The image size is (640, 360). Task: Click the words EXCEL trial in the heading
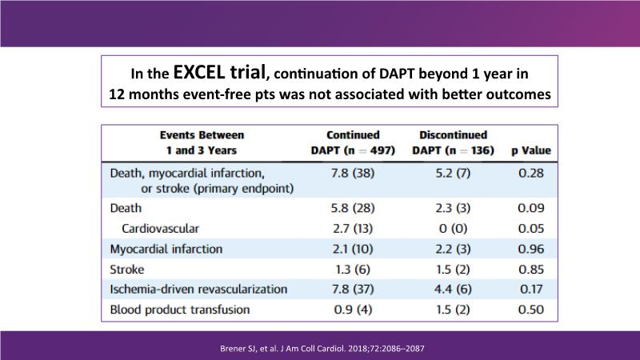(220, 72)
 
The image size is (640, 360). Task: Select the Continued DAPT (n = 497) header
(353, 142)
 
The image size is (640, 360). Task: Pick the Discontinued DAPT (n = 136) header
(453, 142)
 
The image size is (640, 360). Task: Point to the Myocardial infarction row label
(166, 249)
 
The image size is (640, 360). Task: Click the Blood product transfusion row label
(180, 309)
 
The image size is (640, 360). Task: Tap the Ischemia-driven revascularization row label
(198, 289)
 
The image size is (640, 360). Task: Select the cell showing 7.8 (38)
(353, 171)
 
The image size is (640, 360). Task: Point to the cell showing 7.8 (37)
(353, 289)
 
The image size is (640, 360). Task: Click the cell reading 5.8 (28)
(353, 208)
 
